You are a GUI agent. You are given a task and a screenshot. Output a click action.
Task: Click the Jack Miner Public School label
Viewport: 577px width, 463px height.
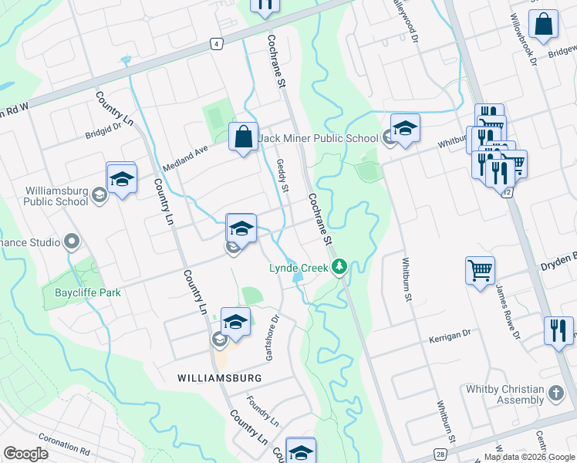[319, 138]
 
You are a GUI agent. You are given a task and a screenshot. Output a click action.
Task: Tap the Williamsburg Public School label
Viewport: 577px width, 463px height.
[46, 196]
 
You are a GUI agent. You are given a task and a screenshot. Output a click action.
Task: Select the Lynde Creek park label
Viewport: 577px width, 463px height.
[299, 268]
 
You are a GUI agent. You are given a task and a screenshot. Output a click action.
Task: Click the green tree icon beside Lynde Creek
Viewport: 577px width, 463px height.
[339, 268]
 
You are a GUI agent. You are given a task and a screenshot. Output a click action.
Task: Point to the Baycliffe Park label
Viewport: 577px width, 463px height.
[88, 293]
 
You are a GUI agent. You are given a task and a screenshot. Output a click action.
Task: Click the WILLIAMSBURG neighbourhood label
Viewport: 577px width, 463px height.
[219, 378]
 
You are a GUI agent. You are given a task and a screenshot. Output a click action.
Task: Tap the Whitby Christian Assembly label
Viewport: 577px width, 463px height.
[505, 395]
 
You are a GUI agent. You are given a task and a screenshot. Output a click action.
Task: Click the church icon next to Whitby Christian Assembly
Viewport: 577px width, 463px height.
[556, 394]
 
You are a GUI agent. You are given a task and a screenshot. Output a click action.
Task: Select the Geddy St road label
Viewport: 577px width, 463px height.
[282, 176]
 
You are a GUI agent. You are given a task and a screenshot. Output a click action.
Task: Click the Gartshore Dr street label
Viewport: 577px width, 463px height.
[271, 337]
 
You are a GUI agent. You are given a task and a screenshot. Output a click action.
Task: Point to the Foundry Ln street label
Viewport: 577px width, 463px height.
[262, 412]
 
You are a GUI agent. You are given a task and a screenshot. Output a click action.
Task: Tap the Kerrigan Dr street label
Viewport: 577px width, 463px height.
[450, 336]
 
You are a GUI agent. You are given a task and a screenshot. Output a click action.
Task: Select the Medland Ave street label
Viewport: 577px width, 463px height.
[185, 158]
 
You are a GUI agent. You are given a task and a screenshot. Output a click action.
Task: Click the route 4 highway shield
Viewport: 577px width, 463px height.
[218, 44]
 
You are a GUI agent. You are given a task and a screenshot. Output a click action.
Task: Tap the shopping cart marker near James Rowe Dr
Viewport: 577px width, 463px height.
[480, 270]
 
